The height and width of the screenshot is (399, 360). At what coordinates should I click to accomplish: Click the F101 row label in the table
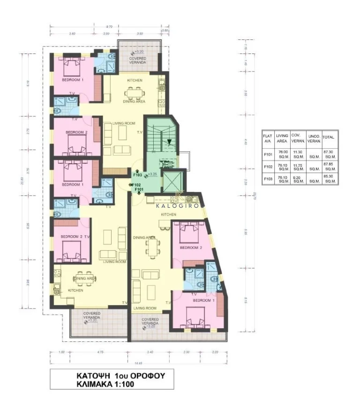click(268, 154)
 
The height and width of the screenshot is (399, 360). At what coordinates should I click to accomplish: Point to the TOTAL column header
click(328, 137)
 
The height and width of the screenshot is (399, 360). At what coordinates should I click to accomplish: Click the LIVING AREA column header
click(282, 137)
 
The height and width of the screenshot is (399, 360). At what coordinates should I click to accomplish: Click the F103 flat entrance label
click(137, 175)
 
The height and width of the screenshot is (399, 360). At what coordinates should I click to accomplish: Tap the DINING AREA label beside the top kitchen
click(134, 101)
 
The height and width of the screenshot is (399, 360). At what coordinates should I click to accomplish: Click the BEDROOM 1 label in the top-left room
click(73, 80)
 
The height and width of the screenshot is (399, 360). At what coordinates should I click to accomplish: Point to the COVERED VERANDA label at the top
click(137, 60)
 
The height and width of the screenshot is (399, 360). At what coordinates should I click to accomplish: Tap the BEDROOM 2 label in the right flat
click(191, 248)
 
